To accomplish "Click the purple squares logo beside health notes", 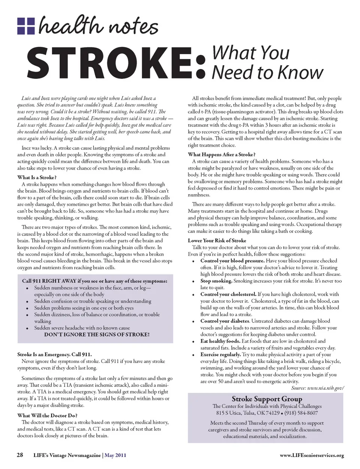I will tap(26, 26).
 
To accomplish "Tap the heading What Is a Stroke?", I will tap(37, 177).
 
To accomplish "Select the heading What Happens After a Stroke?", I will tap(222, 154).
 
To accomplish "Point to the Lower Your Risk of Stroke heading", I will tap(217, 240).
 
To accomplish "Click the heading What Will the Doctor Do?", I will tap(47, 415).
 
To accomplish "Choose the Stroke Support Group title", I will tap(267, 399).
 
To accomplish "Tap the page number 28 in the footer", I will tap(20, 455).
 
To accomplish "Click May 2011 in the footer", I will tap(115, 455).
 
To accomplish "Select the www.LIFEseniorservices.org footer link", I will tap(312, 455).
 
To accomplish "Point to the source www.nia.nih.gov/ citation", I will tap(317, 388).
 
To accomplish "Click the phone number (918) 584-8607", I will tap(301, 413).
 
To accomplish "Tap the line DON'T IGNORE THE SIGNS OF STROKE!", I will tap(97, 334).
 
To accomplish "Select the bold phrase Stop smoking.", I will tap(216, 281).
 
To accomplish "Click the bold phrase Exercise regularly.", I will tap(220, 354).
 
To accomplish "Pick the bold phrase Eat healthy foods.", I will tap(220, 341).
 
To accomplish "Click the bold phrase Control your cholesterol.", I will tap(228, 294).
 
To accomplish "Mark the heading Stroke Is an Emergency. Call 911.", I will tap(54, 354).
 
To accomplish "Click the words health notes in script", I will tap(98, 26).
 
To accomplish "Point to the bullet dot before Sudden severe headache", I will tap(27, 328).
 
